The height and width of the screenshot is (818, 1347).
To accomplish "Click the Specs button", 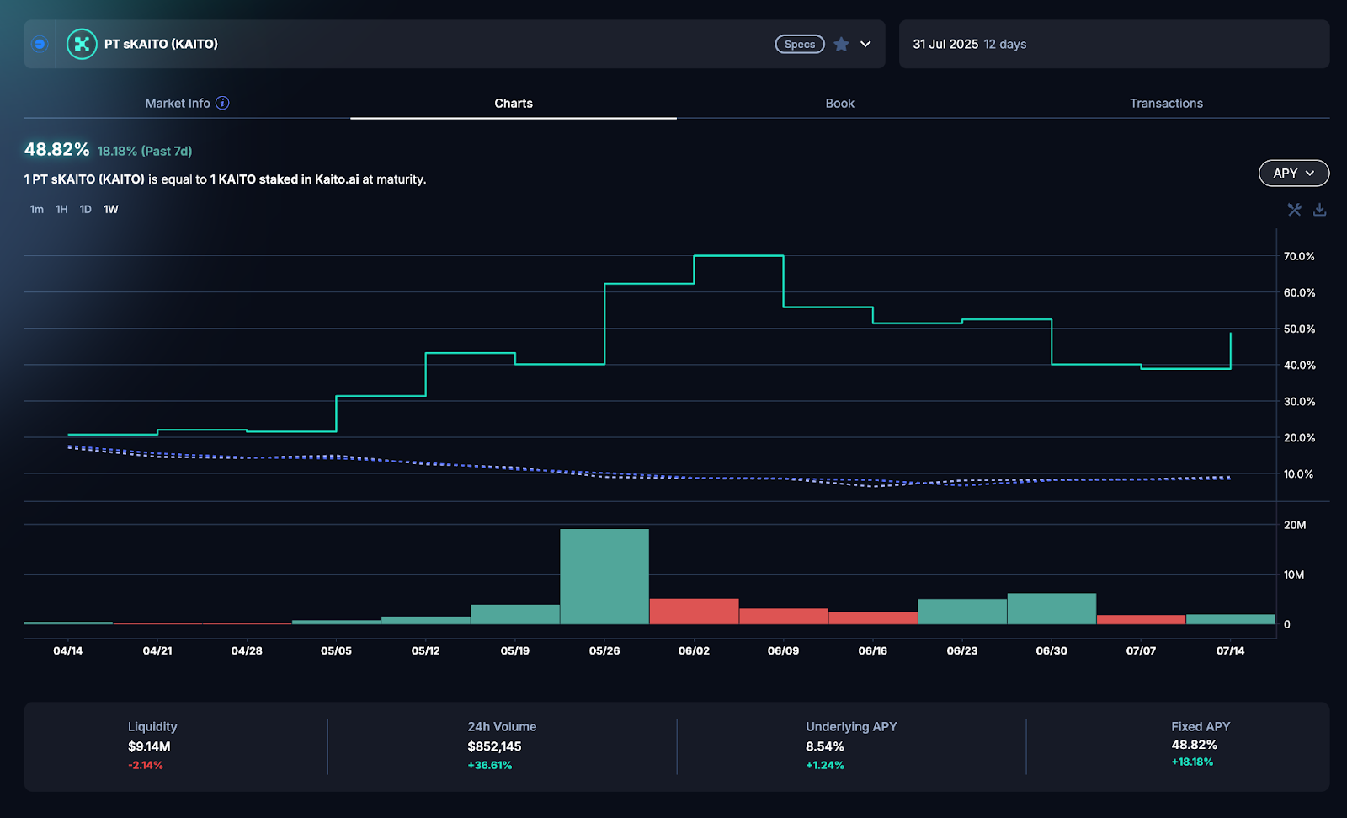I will [799, 45].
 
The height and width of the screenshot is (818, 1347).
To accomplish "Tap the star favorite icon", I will [841, 45].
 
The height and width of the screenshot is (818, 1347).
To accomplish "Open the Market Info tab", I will [178, 103].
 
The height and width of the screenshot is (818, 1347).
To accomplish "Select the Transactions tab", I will [1166, 103].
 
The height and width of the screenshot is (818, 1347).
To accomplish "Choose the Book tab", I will [839, 103].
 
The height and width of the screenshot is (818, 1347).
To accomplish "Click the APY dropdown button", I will [1293, 173].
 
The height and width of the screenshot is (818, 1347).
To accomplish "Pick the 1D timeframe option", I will [85, 209].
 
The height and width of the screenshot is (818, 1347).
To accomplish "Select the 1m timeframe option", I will [36, 209].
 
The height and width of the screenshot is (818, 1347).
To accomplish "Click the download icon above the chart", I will [1319, 209].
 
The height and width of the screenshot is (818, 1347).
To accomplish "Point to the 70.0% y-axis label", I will [1298, 256].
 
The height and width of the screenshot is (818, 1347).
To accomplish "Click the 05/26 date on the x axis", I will [604, 650].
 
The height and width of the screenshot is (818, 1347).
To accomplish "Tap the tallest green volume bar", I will [604, 576].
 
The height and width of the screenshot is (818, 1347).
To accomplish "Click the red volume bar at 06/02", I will [694, 611].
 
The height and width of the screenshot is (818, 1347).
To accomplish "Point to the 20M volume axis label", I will [1294, 525].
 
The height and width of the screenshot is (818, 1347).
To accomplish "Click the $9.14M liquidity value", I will [149, 746].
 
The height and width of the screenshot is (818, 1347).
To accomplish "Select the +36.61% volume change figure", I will [489, 765].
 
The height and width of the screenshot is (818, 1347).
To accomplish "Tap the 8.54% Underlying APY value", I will [824, 746].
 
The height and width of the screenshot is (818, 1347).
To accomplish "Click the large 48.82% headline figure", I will [56, 149].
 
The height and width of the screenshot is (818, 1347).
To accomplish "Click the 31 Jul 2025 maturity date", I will [945, 44].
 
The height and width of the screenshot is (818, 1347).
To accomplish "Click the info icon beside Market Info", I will [222, 103].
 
